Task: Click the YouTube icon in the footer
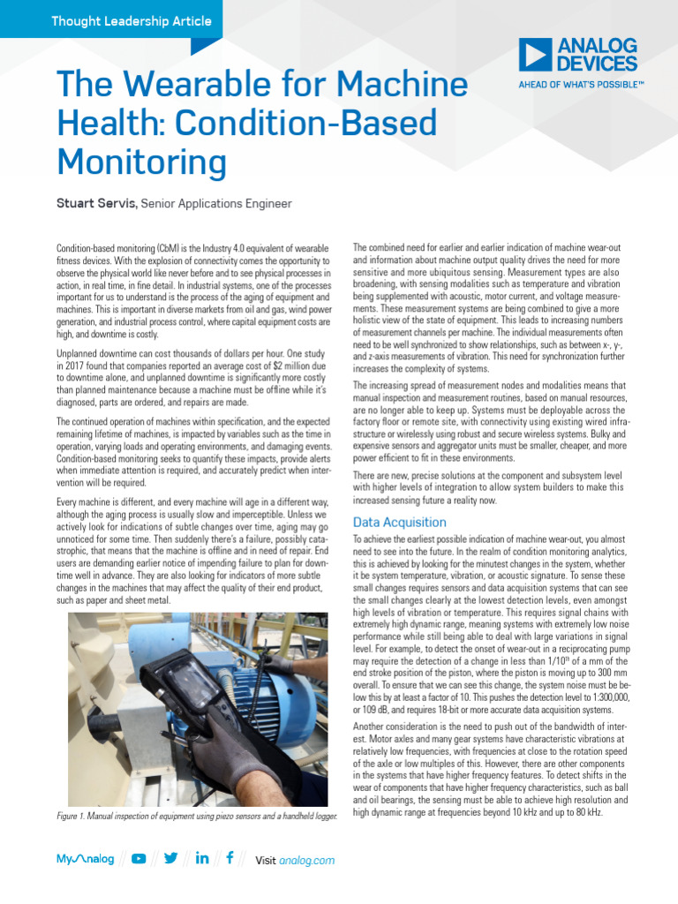[x=139, y=858]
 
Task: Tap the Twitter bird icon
[x=170, y=858]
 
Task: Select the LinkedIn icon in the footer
[x=201, y=858]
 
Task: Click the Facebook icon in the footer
[x=230, y=858]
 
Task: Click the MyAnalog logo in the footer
[x=85, y=859]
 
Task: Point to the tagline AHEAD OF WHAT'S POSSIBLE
[x=580, y=86]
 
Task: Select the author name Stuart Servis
[x=96, y=204]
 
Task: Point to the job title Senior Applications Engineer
[x=222, y=204]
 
